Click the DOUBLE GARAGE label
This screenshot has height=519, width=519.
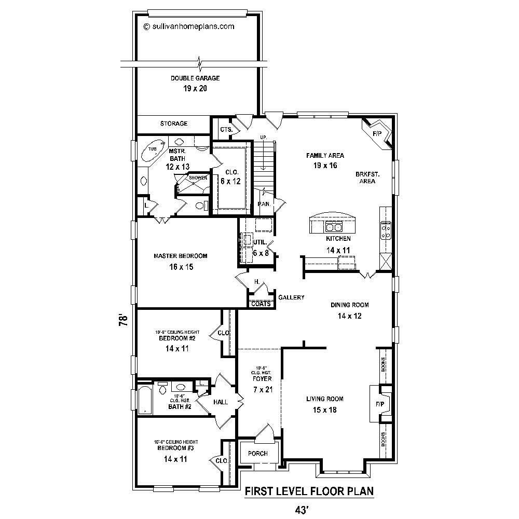[x=195, y=78]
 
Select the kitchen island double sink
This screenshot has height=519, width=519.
[x=333, y=227]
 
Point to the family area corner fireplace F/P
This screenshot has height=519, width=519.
[x=377, y=134]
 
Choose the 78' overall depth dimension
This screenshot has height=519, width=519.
[x=122, y=319]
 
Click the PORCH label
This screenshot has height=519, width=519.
[x=258, y=453]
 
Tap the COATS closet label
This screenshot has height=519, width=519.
[x=261, y=304]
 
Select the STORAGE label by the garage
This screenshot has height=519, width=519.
[x=173, y=124]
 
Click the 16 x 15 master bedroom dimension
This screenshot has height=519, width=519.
[x=180, y=267]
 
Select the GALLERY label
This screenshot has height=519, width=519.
[x=291, y=297]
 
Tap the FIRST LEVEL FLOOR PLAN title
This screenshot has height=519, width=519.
[x=309, y=491]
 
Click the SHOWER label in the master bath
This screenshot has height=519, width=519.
[x=198, y=178]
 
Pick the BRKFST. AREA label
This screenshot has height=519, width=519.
[x=366, y=177]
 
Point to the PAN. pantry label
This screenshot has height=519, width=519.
[x=264, y=204]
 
